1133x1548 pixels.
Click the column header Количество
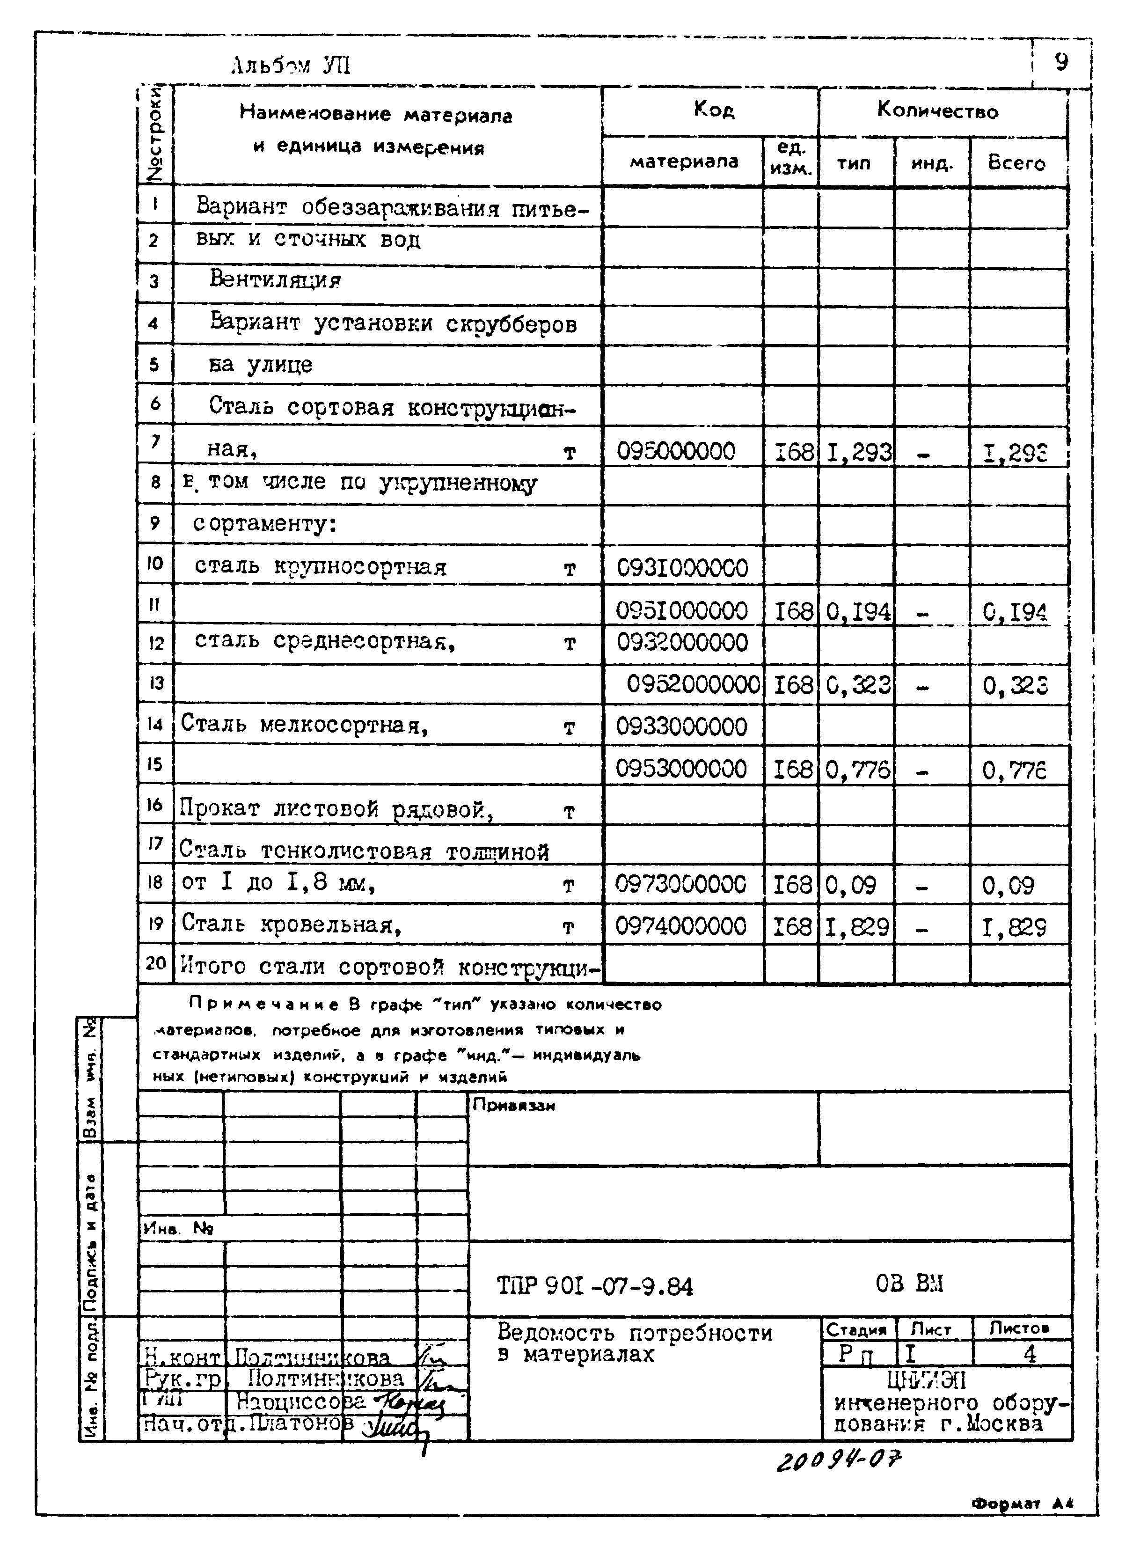point(937,110)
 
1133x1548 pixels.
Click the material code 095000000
point(676,451)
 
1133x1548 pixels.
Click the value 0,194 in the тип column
point(858,610)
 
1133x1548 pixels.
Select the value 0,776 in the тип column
point(857,770)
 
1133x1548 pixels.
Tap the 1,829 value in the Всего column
point(1014,927)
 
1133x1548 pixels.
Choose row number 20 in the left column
point(156,963)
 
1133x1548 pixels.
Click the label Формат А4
point(1021,1503)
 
